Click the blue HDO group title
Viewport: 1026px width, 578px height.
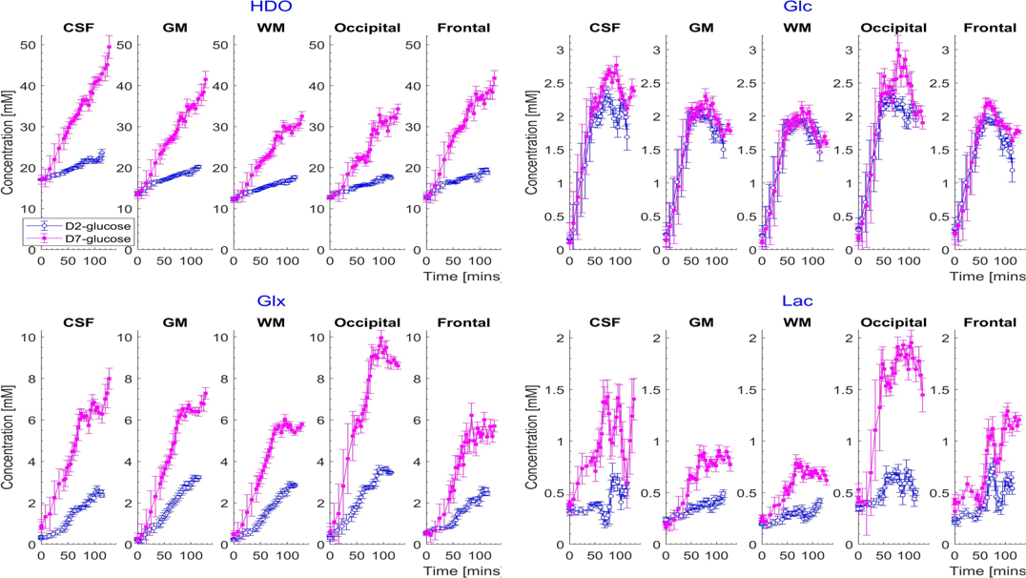click(271, 9)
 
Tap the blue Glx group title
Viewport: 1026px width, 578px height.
click(271, 300)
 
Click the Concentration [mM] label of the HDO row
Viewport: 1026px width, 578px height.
click(9, 143)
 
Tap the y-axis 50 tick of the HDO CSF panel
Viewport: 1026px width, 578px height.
click(28, 44)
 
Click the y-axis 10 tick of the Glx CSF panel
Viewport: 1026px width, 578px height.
click(28, 338)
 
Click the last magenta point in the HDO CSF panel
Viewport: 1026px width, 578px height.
click(110, 46)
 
